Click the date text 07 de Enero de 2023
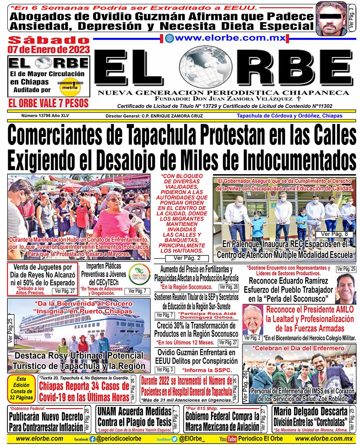tap(49, 50)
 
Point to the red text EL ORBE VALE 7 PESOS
tap(49, 103)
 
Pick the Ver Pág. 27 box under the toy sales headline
tap(65, 291)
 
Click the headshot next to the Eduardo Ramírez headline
tap(346, 288)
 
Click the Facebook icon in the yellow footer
tap(92, 439)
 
